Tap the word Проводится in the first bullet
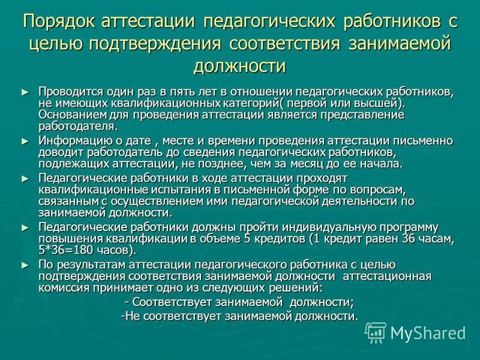click(x=66, y=92)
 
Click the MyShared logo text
click(x=428, y=332)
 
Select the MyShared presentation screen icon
click(x=376, y=332)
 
